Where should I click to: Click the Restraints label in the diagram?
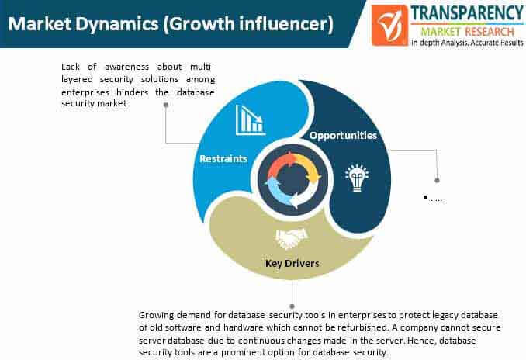(x=223, y=158)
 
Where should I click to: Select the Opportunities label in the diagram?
(x=343, y=135)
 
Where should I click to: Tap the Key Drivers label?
(x=292, y=263)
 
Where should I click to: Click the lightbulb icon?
(x=357, y=178)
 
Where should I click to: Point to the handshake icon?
(x=291, y=238)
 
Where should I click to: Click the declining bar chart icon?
(x=251, y=120)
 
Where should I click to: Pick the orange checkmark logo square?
(x=389, y=25)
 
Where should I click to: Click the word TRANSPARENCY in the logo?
(x=467, y=13)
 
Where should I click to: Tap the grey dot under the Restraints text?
(x=166, y=105)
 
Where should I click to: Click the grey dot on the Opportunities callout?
(x=437, y=181)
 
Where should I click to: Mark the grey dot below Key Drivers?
(x=292, y=306)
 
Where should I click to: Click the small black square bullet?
(x=425, y=197)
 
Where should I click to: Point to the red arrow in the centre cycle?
(x=281, y=164)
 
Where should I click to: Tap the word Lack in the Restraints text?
(x=71, y=67)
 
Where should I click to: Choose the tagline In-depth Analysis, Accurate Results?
(x=467, y=43)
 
